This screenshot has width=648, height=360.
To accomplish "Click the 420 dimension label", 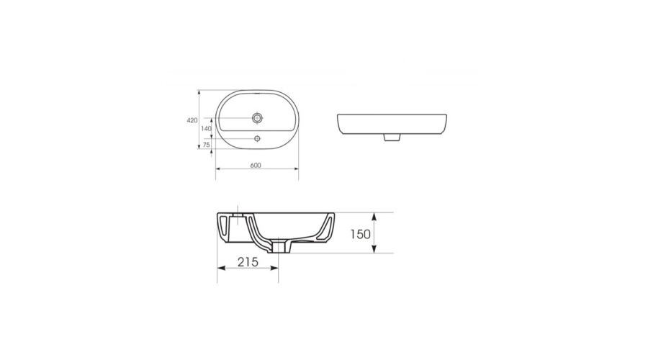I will click(192, 120).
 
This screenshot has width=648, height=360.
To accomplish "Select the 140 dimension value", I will click(206, 128).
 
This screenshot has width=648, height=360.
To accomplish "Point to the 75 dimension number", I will click(206, 145).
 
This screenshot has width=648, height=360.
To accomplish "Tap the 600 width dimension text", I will click(256, 165).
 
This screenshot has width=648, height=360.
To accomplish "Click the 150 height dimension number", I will click(361, 233).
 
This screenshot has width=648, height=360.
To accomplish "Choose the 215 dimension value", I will click(248, 263).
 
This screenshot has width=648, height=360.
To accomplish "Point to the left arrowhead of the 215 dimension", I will click(220, 268).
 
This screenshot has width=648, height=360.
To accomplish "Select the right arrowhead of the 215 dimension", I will click(275, 268).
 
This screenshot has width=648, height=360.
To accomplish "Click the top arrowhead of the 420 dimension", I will click(199, 92).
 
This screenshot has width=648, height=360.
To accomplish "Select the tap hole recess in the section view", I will click(237, 215).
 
